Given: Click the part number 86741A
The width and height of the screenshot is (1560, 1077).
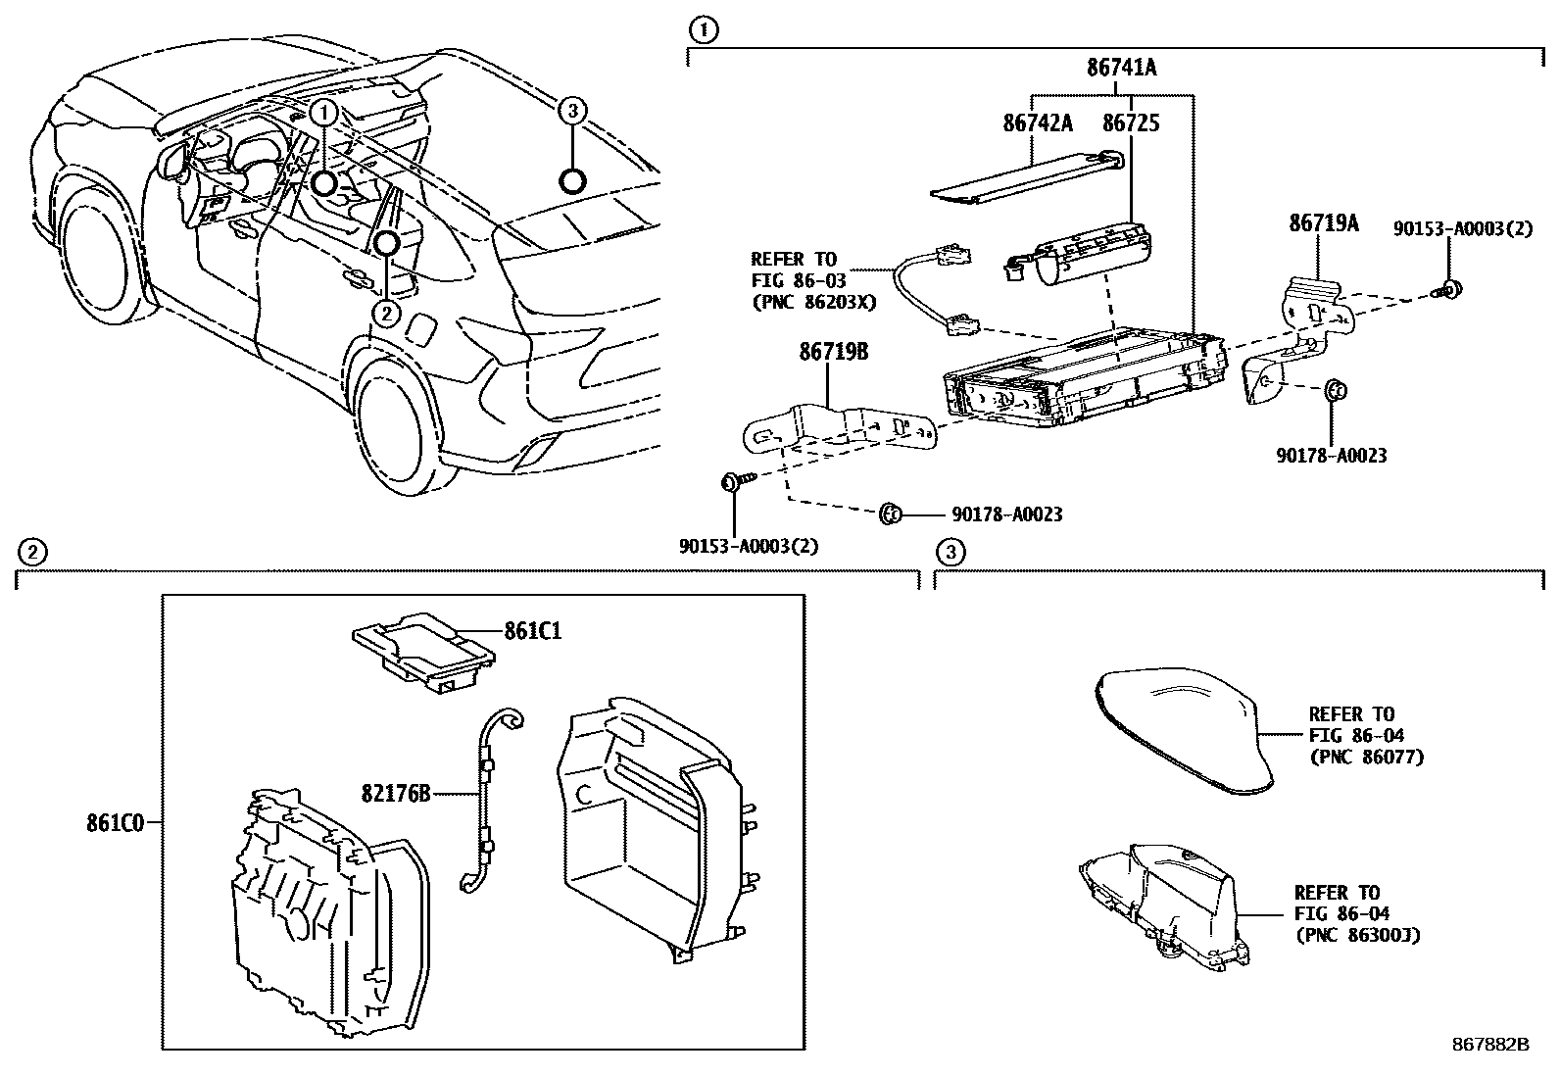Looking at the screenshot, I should tap(1121, 68).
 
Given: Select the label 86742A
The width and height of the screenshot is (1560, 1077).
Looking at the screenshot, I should tap(1038, 123).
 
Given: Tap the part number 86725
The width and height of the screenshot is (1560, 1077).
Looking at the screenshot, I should tap(1131, 123).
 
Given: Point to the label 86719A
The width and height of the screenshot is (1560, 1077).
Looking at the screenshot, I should tap(1323, 223).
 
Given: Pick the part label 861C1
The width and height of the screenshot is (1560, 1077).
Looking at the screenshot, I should tap(533, 631).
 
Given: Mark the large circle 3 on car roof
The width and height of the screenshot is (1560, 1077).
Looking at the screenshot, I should tap(572, 181).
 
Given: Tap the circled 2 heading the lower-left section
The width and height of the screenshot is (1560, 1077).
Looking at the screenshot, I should tap(31, 553).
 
